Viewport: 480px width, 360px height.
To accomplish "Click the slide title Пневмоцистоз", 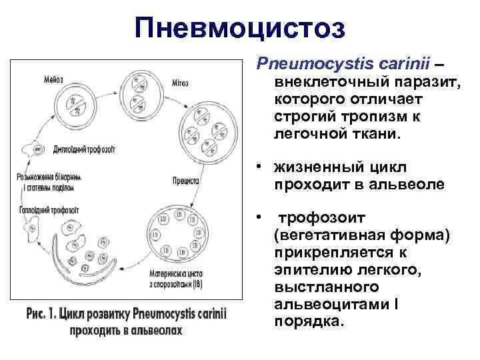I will coord(239,28).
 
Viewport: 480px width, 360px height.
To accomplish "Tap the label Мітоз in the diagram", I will coord(178,83).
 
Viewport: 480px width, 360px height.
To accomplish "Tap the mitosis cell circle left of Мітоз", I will coord(143,93).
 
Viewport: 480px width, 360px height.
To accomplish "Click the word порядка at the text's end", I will coord(309,321).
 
